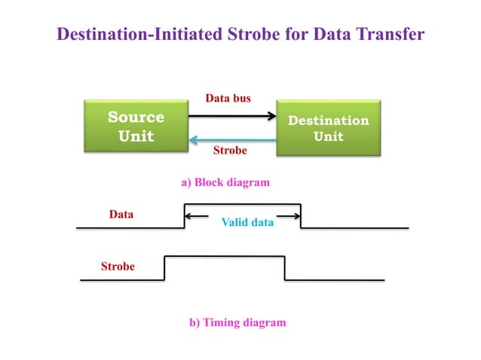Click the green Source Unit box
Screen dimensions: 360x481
coord(136,127)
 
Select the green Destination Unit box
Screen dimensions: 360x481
coord(329,128)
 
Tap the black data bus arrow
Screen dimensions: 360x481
coord(232,116)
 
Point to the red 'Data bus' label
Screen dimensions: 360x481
coord(228,98)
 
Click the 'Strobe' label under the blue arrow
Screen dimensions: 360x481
coord(230,151)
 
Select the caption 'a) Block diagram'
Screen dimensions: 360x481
coord(225,182)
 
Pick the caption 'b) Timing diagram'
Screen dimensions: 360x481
coord(237,322)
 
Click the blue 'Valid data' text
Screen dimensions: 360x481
coord(247,223)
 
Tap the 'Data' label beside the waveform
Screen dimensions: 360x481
coord(121,215)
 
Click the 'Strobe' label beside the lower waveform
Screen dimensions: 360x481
coord(118,267)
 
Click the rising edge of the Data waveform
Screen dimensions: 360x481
coord(184,215)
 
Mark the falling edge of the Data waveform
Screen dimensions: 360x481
coord(301,215)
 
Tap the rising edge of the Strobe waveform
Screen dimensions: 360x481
coord(164,268)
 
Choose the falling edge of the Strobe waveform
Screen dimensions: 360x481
coord(284,268)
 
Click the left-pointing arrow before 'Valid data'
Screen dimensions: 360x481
coord(196,216)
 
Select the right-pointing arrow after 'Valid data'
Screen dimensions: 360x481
coord(289,216)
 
